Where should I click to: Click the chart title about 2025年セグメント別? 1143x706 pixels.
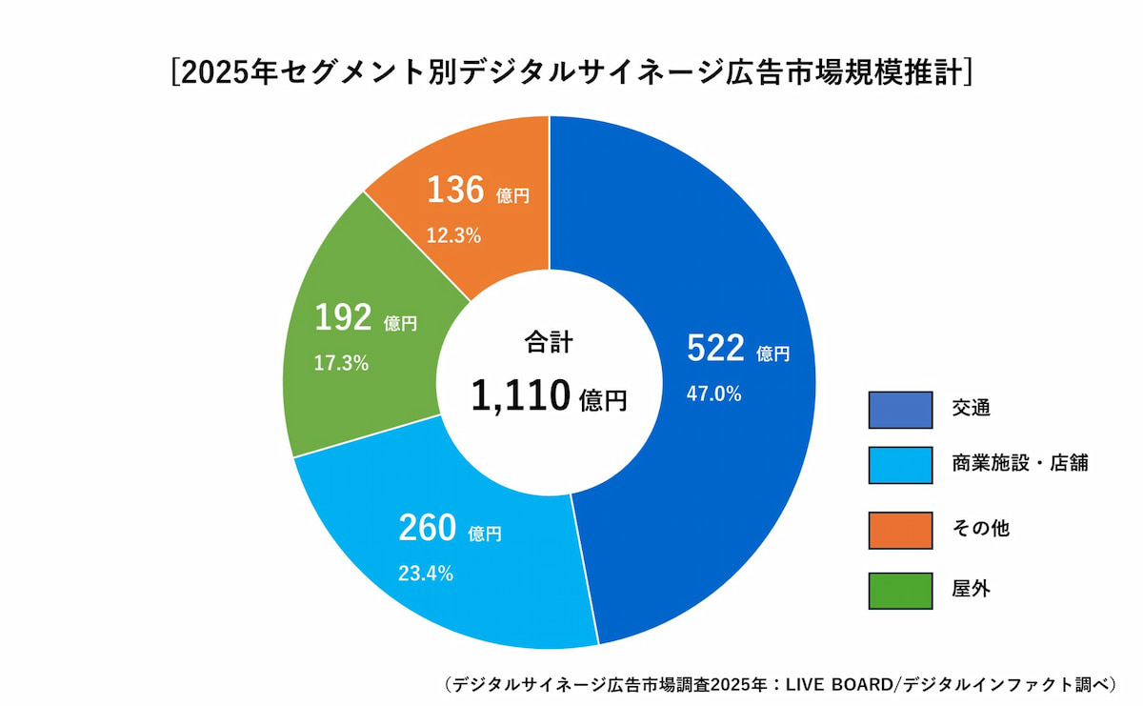(x=571, y=73)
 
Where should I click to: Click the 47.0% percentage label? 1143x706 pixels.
(x=713, y=393)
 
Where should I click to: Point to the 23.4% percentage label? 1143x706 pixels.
(x=425, y=574)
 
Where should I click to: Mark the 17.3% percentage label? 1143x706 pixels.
(x=341, y=363)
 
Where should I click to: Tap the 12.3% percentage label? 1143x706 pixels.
(x=453, y=235)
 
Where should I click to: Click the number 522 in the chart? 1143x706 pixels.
(x=714, y=350)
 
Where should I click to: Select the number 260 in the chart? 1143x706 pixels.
(x=427, y=529)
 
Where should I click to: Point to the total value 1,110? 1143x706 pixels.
(x=520, y=395)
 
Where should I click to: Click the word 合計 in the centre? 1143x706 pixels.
(x=549, y=342)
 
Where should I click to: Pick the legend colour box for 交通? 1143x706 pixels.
(x=900, y=410)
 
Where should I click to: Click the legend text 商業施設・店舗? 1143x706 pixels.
(x=1019, y=464)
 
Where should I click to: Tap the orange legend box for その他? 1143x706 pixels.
(x=900, y=530)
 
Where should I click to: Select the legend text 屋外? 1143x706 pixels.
(x=972, y=590)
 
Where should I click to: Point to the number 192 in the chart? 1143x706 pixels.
(x=343, y=319)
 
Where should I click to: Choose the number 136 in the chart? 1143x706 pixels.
(x=455, y=191)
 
